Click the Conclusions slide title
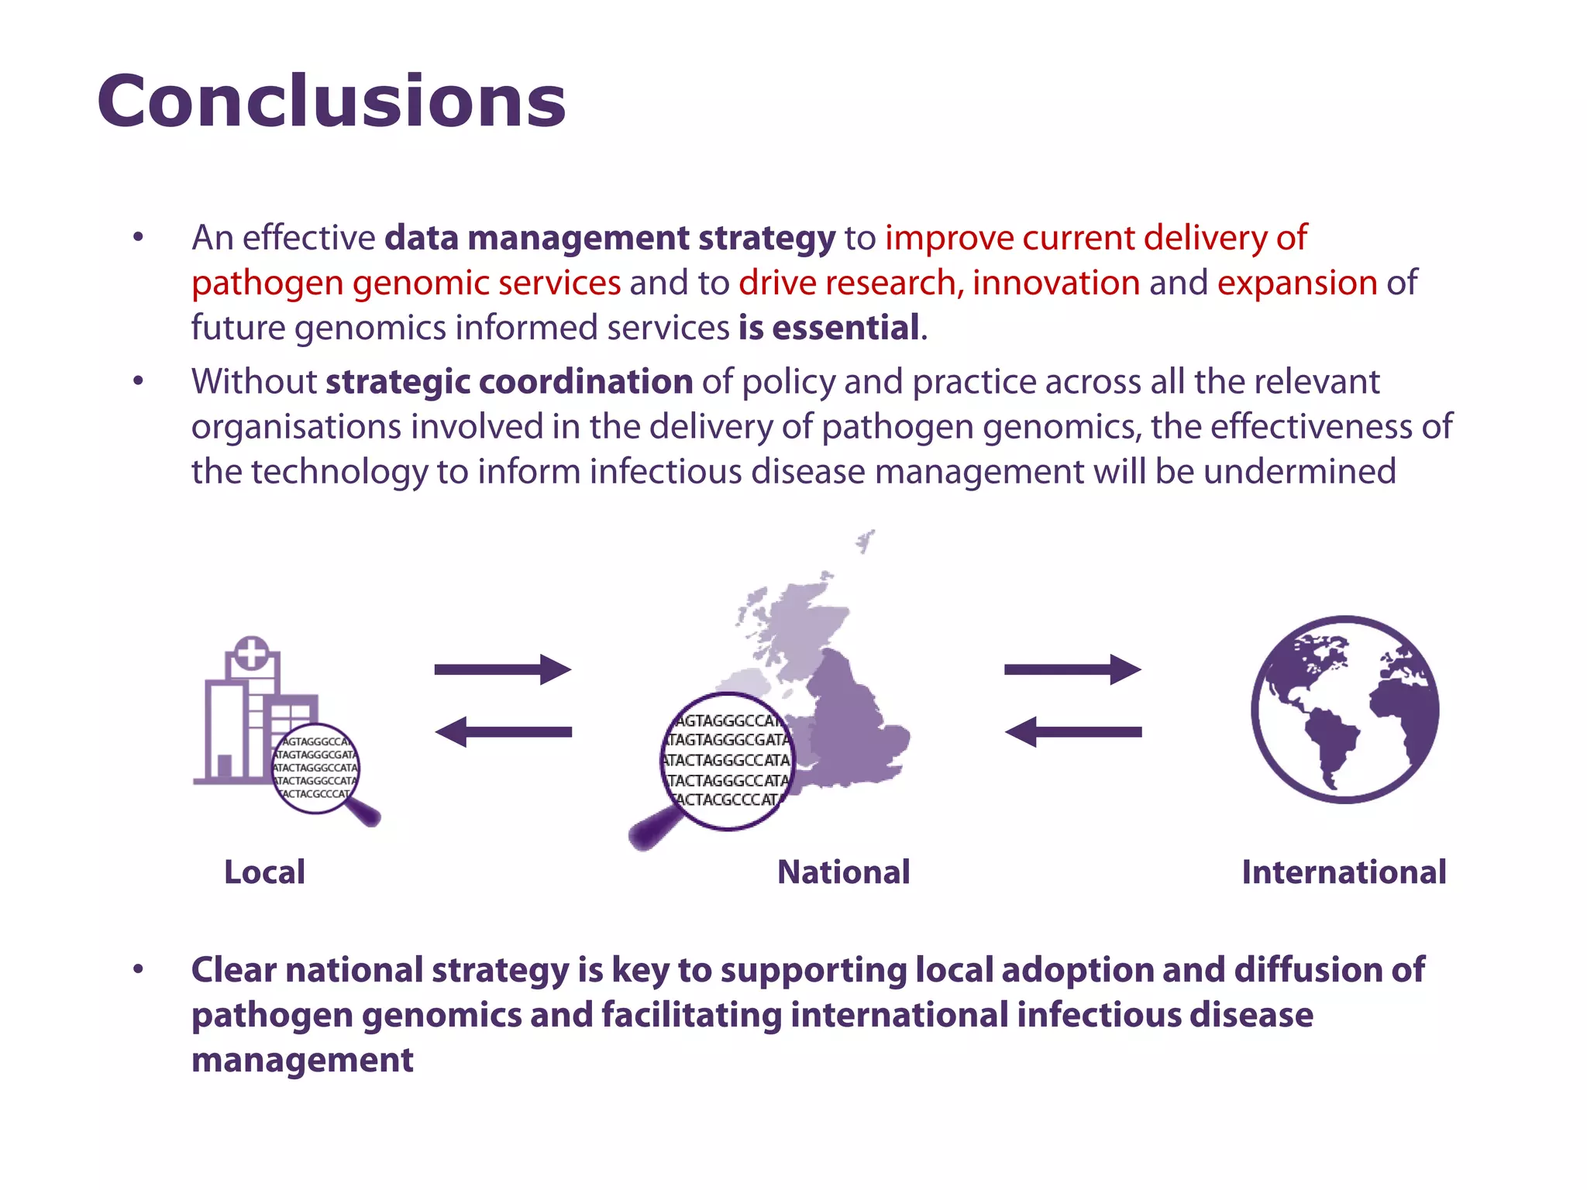pos(332,102)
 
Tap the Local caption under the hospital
pos(264,872)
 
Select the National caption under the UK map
pos(843,872)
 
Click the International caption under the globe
pos(1344,872)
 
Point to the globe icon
pos(1344,709)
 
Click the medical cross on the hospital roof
pos(251,653)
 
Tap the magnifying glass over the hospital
pos(316,769)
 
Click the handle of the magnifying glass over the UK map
pos(651,831)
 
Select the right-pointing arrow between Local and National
pos(503,669)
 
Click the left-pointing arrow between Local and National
pos(503,732)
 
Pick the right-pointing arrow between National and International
pos(1072,669)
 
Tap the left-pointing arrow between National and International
pos(1072,732)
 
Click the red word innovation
pos(1056,283)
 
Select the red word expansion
pos(1296,283)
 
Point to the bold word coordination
pos(586,382)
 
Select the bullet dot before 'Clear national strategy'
pos(138,969)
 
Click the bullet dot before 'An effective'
pos(138,237)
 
